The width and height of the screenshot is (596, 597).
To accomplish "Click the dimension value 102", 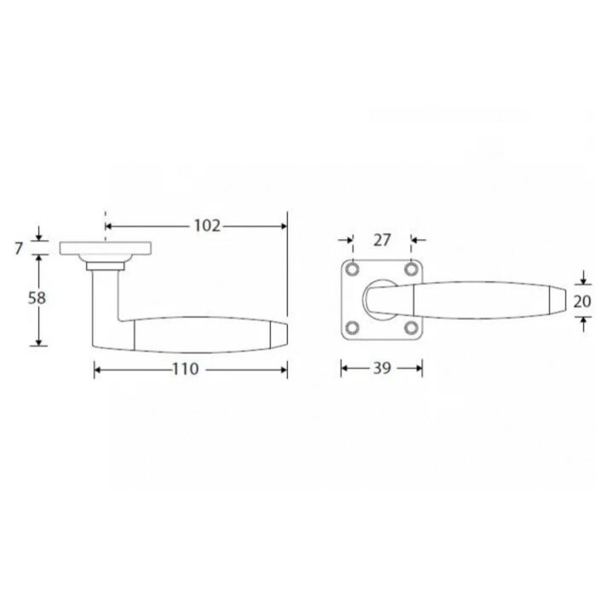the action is [207, 226].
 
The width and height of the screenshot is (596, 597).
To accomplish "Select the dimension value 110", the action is [186, 369].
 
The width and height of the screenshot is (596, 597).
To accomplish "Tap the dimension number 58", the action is [37, 298].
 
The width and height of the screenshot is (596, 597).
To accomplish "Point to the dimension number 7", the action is [19, 249].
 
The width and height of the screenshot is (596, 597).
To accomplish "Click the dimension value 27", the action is [382, 240].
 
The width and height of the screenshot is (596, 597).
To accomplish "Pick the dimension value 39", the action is [381, 368].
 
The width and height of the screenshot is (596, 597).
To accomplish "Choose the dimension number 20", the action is [582, 301].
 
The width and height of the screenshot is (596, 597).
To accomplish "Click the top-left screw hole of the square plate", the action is [352, 270].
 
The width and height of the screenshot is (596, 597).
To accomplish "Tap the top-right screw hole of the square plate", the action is [411, 270].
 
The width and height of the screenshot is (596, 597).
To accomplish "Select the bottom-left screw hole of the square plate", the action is [352, 328].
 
